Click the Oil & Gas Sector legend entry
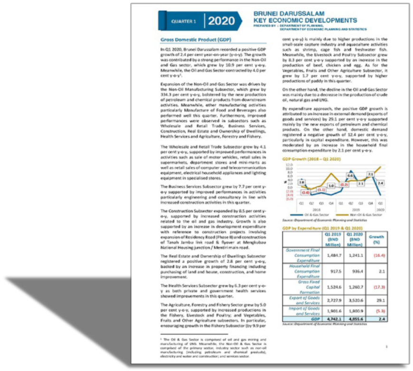coord(313,215)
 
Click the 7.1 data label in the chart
coord(371,174)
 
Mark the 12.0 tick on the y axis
coord(289,165)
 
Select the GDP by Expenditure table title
coord(317,228)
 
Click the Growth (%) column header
coord(376,239)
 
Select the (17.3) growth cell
coord(376,287)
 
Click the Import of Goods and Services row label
coord(308,311)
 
